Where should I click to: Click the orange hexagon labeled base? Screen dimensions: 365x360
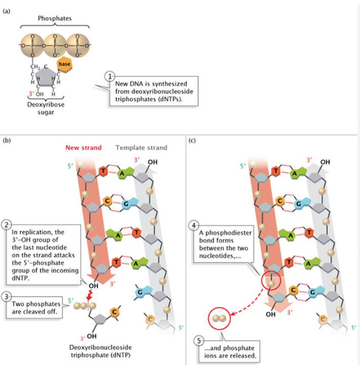pyautogui.click(x=64, y=65)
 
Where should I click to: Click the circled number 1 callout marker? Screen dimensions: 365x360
pyautogui.click(x=108, y=76)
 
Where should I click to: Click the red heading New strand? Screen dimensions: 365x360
pyautogui.click(x=84, y=148)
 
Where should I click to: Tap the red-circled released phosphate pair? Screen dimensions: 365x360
pyautogui.click(x=219, y=318)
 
